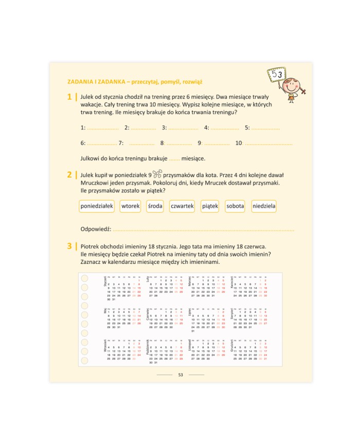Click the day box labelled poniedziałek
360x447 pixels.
(x=97, y=206)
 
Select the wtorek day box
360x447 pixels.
(x=131, y=206)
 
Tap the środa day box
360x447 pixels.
(x=155, y=206)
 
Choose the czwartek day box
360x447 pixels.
(x=182, y=206)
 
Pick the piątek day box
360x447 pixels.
(x=210, y=206)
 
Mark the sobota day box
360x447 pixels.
(x=235, y=206)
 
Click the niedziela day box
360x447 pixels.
(x=264, y=206)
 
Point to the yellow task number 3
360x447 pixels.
(x=69, y=246)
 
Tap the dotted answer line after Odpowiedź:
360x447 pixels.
(x=203, y=230)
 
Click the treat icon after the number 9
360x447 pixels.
(x=157, y=174)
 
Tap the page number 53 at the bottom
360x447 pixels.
(x=181, y=374)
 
